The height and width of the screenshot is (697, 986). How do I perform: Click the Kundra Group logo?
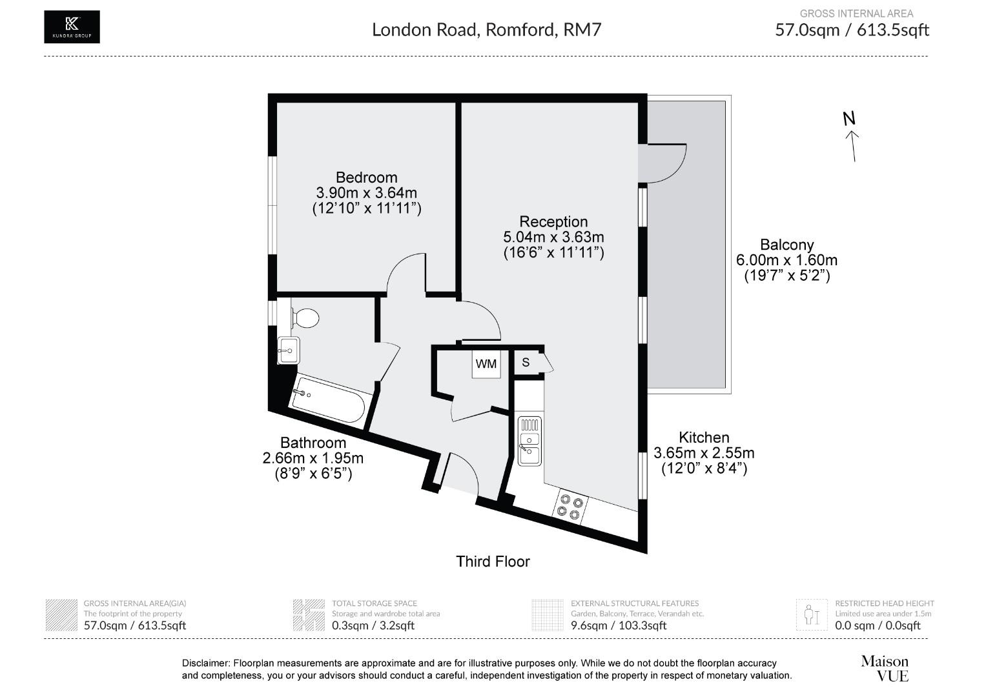(72, 27)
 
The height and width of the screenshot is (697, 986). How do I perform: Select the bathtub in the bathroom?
(328, 401)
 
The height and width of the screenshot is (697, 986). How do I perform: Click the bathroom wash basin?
(288, 352)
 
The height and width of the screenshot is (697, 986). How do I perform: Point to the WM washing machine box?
(486, 364)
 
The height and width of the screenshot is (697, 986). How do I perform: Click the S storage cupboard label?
(526, 363)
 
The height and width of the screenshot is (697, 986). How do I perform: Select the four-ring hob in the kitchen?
(570, 507)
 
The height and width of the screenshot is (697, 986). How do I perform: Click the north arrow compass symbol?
(852, 137)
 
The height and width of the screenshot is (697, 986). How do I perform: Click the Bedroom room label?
(366, 177)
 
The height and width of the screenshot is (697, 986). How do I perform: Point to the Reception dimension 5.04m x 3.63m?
(553, 237)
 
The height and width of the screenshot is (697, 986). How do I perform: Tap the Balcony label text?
(786, 245)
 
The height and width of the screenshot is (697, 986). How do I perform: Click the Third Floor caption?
(493, 561)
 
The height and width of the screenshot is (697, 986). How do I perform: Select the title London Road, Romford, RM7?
(487, 30)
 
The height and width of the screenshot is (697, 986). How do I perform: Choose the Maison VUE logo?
(884, 669)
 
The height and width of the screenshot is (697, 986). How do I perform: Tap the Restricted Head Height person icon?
(811, 614)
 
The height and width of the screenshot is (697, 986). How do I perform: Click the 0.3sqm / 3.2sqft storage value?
(373, 625)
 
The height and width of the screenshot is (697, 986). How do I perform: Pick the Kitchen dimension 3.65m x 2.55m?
(704, 453)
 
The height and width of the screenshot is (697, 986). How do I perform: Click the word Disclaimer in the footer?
(205, 663)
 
